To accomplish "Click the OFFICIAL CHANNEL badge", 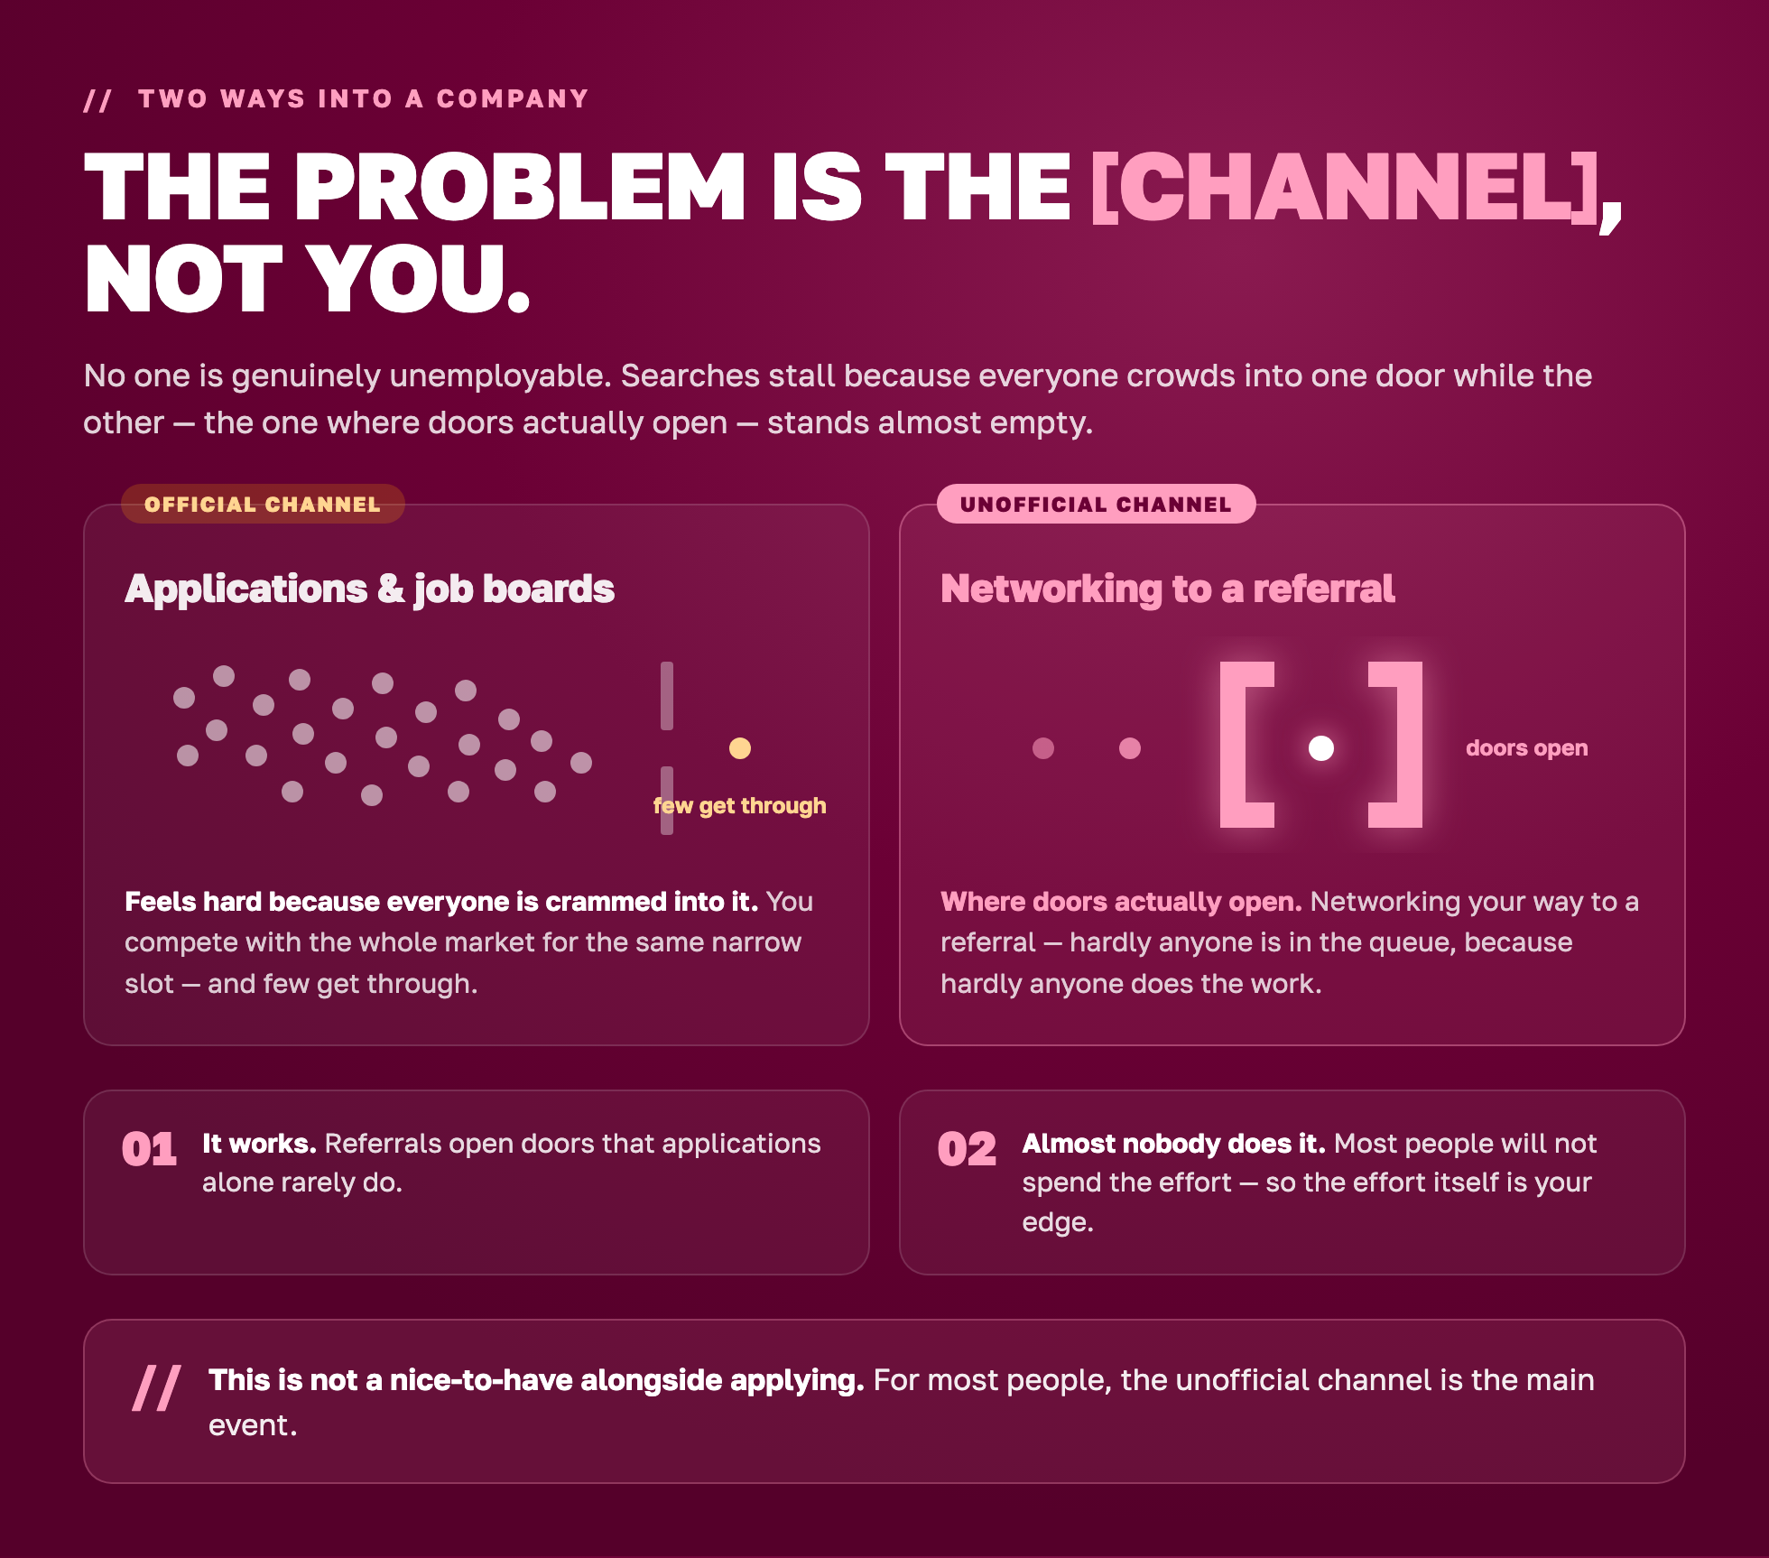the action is click(x=263, y=504).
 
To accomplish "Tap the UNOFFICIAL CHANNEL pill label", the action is click(x=1096, y=504).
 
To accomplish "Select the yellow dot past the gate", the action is click(x=740, y=748).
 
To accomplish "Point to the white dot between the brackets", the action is click(x=1321, y=748).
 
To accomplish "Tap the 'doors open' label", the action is click(x=1526, y=748).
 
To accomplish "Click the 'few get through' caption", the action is click(x=739, y=806).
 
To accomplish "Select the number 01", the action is click(x=150, y=1149).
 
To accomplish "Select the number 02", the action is click(x=967, y=1149).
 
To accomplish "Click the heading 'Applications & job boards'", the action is click(x=369, y=589).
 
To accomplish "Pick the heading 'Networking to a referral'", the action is click(x=1167, y=589).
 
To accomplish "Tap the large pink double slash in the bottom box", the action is click(x=156, y=1387).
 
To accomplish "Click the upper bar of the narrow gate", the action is click(x=667, y=696).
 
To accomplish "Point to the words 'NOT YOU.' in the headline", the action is click(x=307, y=280).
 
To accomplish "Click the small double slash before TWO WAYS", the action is click(x=97, y=99).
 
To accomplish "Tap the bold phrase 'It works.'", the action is click(x=259, y=1144).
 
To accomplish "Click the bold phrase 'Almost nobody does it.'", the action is click(x=1173, y=1144).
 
